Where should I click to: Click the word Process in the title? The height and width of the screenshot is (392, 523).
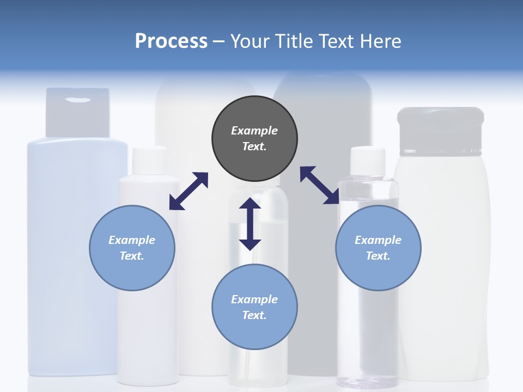(x=171, y=41)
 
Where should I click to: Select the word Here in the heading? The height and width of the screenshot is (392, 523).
(x=380, y=41)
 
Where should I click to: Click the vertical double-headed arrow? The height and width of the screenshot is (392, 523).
(x=250, y=224)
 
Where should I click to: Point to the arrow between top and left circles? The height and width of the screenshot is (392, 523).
(x=188, y=191)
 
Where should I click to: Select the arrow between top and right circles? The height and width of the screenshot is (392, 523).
(x=320, y=185)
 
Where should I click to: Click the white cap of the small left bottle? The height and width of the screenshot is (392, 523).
(x=150, y=161)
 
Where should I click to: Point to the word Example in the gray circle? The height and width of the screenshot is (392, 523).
(x=254, y=131)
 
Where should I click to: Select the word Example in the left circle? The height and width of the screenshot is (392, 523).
(x=132, y=240)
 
